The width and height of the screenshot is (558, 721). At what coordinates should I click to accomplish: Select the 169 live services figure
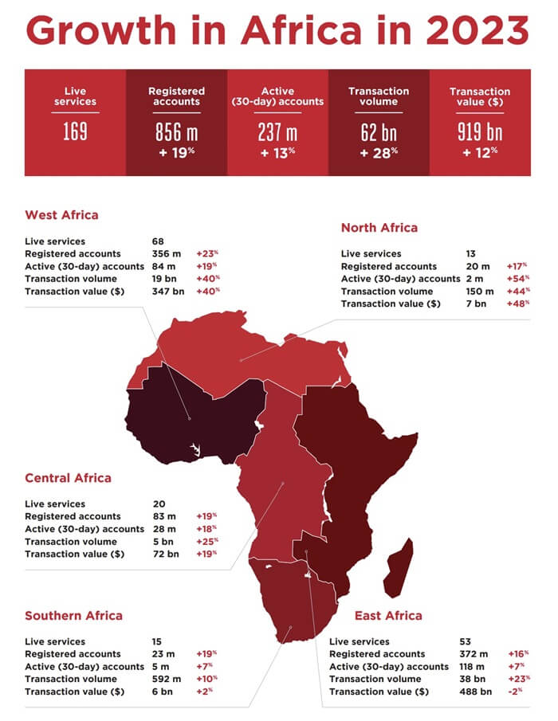(x=75, y=132)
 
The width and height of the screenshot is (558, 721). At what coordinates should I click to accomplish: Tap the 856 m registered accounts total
(x=176, y=132)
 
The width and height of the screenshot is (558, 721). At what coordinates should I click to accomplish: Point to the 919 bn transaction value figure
(x=480, y=132)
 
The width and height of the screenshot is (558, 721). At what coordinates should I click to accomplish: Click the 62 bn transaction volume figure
(x=379, y=132)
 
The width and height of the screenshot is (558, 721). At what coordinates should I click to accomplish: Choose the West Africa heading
(x=61, y=215)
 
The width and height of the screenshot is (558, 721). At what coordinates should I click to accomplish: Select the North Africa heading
(x=379, y=228)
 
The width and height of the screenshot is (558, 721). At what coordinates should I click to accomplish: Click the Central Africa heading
(x=68, y=478)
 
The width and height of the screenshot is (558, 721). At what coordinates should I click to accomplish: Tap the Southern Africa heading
(x=73, y=615)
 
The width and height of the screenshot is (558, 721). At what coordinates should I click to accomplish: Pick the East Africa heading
(x=389, y=615)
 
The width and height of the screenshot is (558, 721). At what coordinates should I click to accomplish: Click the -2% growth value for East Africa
(x=516, y=692)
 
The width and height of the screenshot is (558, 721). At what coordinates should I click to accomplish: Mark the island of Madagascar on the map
(x=398, y=568)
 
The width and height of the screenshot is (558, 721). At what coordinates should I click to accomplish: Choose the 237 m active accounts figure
(x=277, y=132)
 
